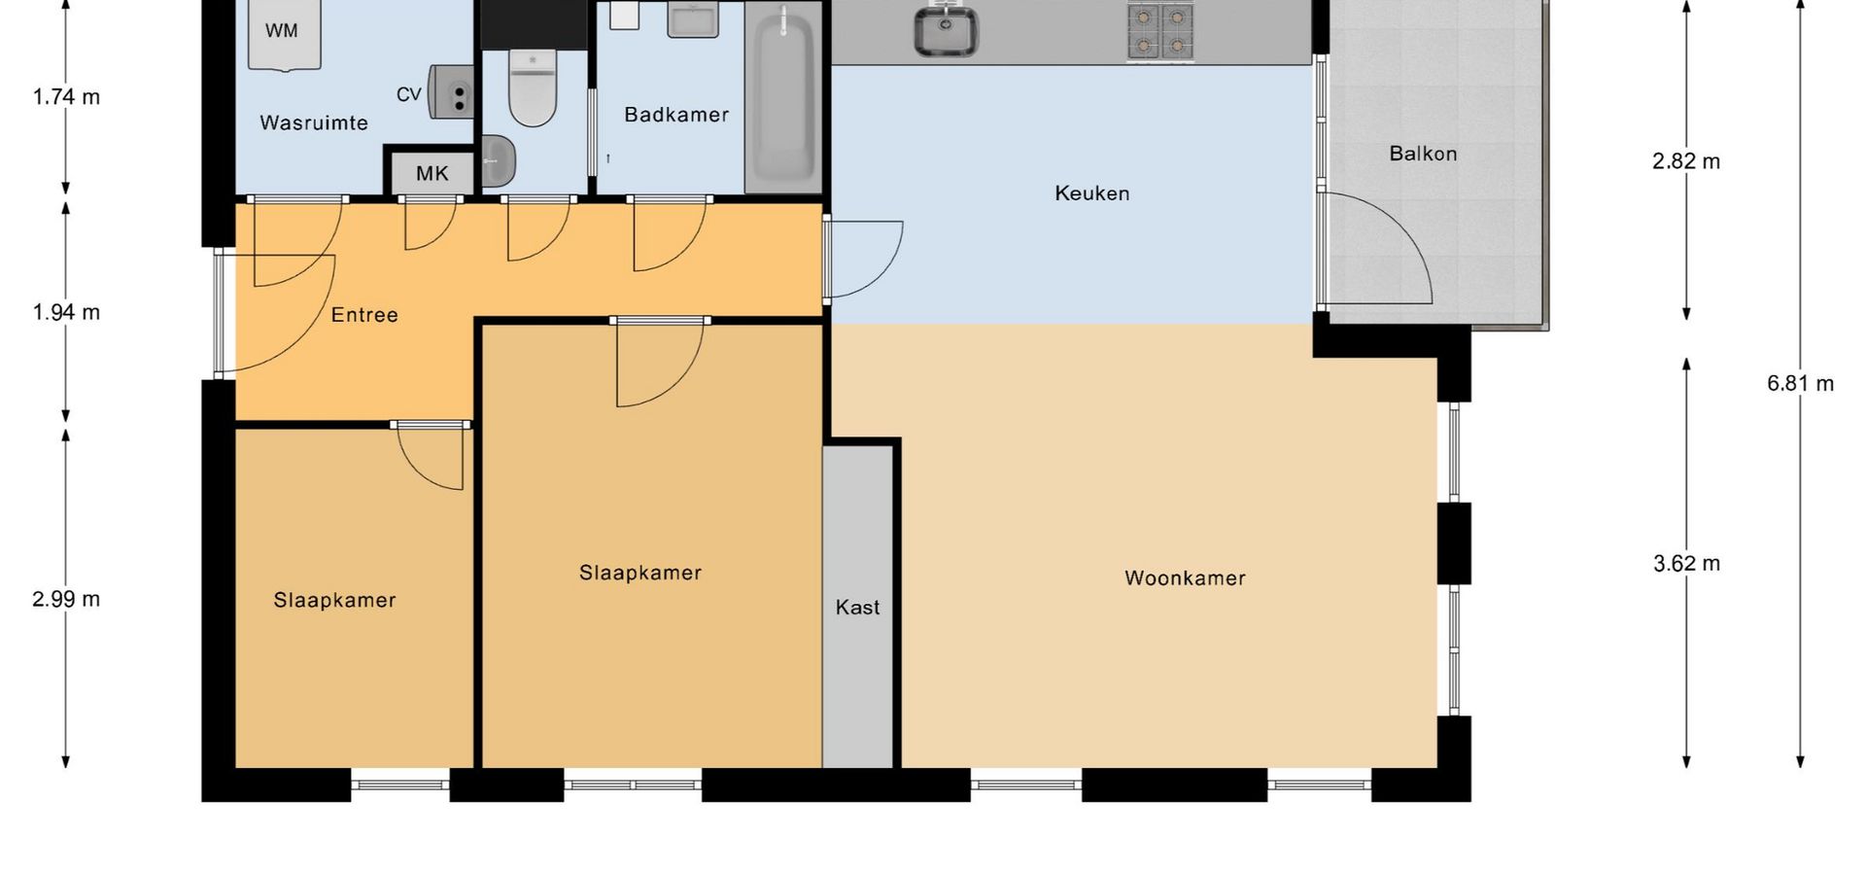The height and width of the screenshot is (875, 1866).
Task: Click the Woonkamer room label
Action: pos(1185,578)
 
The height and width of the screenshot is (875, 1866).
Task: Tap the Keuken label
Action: pos(1092,193)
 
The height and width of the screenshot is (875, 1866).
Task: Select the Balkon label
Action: pos(1423,154)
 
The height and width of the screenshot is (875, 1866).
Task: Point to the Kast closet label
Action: pos(857,608)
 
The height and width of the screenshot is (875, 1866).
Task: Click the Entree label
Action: pos(364,315)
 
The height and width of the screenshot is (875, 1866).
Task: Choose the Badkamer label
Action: pos(676,115)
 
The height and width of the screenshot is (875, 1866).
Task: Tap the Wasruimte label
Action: pos(314,123)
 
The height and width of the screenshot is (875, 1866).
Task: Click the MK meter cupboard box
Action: pos(432,173)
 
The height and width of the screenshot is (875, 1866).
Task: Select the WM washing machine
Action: pos(284,34)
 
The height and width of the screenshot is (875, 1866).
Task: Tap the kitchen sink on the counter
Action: pos(946,30)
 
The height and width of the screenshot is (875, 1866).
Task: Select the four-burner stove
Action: pos(1160,30)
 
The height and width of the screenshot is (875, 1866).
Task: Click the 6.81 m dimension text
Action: pos(1801,384)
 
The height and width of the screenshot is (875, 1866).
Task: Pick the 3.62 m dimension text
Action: pos(1686,564)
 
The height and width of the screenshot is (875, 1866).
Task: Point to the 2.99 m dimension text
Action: pos(66,599)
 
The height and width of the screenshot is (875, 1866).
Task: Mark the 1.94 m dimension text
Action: pos(66,312)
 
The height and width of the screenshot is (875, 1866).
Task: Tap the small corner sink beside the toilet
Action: pos(498,160)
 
